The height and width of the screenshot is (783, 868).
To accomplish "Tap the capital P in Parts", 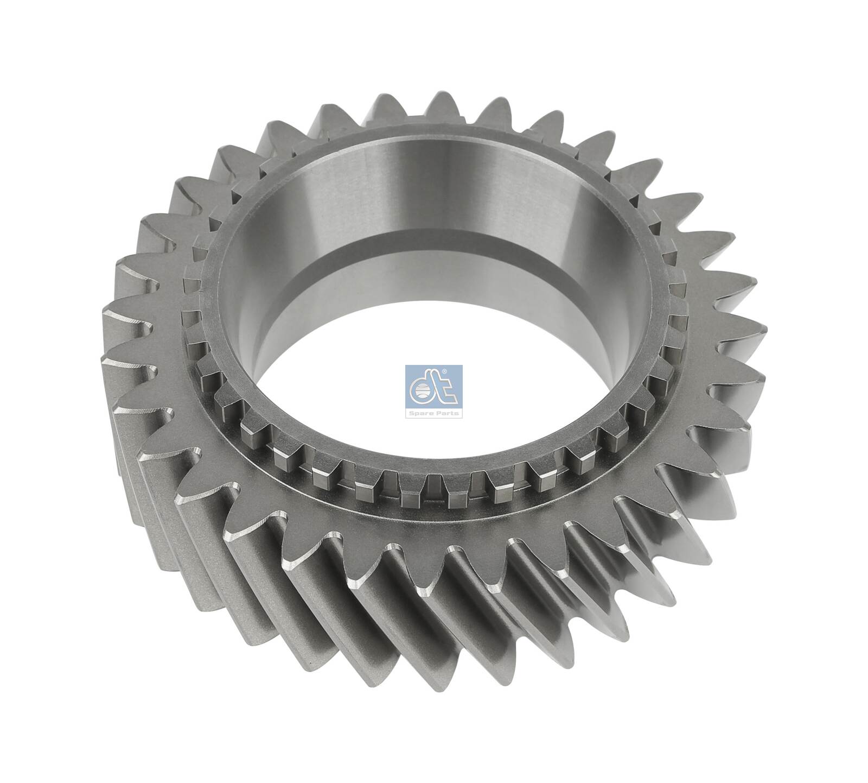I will (437, 413).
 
